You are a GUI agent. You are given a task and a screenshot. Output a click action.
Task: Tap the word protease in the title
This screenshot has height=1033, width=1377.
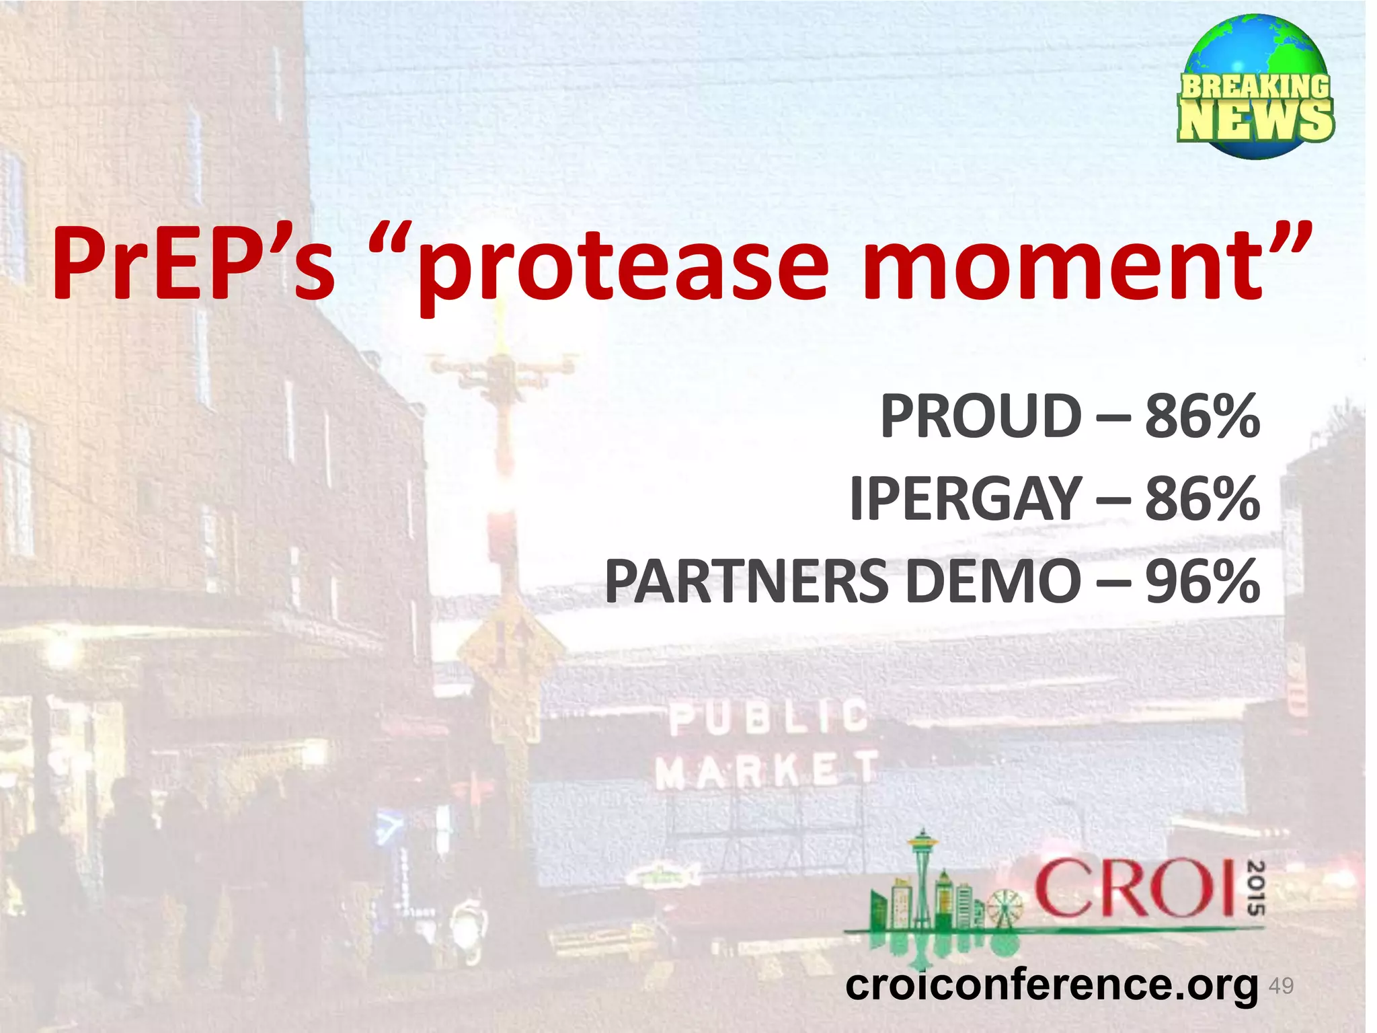(623, 266)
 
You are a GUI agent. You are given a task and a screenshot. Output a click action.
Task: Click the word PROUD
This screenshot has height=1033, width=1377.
(981, 416)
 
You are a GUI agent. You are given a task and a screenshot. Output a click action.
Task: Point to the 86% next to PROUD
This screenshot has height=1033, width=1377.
(1202, 416)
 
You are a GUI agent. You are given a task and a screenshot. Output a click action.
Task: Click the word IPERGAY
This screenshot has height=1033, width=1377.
(966, 499)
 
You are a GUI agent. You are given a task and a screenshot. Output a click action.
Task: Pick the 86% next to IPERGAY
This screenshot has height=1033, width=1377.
(1202, 499)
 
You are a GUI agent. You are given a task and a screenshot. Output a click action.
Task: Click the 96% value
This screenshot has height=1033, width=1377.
(1202, 582)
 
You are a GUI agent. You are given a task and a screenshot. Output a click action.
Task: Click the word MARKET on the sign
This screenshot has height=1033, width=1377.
(766, 769)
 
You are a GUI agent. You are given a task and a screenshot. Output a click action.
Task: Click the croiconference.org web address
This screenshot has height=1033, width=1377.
(1051, 985)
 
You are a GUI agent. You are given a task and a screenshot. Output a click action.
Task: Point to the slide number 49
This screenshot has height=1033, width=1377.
(1281, 986)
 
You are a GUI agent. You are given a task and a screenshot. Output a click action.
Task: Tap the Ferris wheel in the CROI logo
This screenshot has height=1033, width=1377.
(1005, 908)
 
